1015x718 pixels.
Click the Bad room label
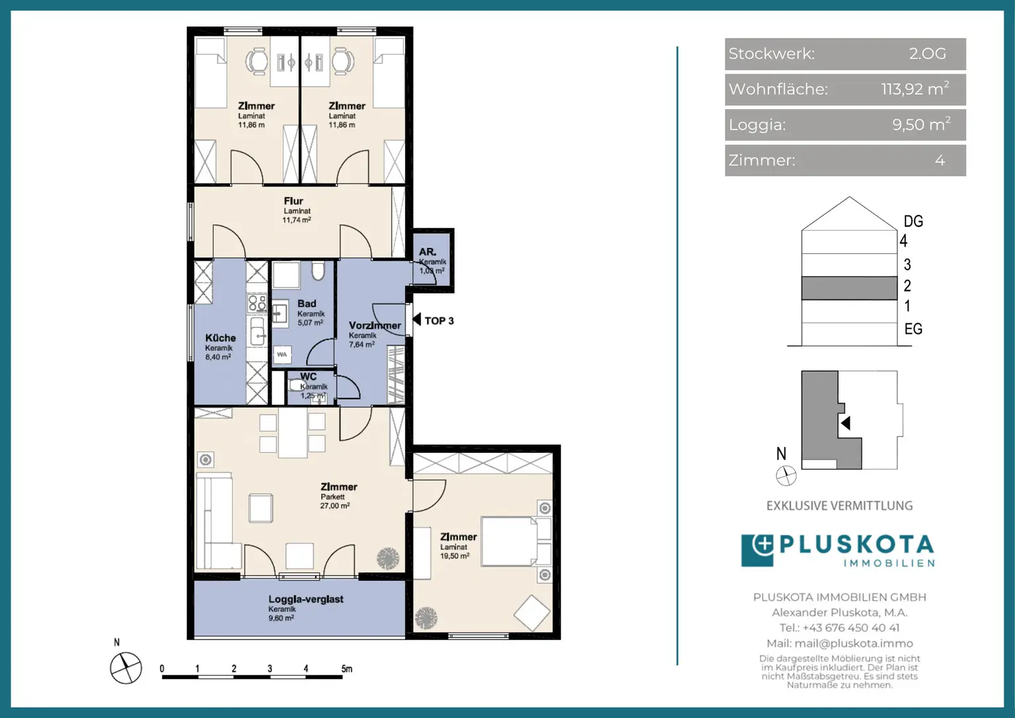pos(307,303)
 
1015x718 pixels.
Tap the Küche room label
pos(220,338)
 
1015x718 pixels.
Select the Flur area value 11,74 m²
pos(297,220)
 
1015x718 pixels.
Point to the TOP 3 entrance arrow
pos(416,319)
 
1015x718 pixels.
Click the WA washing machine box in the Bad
pos(282,354)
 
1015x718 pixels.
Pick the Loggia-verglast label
pos(306,599)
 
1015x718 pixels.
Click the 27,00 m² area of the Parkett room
pos(335,505)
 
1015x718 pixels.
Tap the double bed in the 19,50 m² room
pos(509,541)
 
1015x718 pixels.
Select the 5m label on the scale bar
pos(347,668)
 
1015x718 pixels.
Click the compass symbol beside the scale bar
pos(126,668)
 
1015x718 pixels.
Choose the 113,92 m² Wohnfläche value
pos(915,89)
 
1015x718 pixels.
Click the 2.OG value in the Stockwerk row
pos(928,54)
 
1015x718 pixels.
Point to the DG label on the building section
pos(913,221)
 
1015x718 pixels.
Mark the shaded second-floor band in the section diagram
pos(849,288)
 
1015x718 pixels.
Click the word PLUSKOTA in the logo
pos(856,544)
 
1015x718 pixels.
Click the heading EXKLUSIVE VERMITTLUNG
pos(840,505)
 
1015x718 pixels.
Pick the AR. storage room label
pos(428,252)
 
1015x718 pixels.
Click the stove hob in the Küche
pos(256,303)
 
